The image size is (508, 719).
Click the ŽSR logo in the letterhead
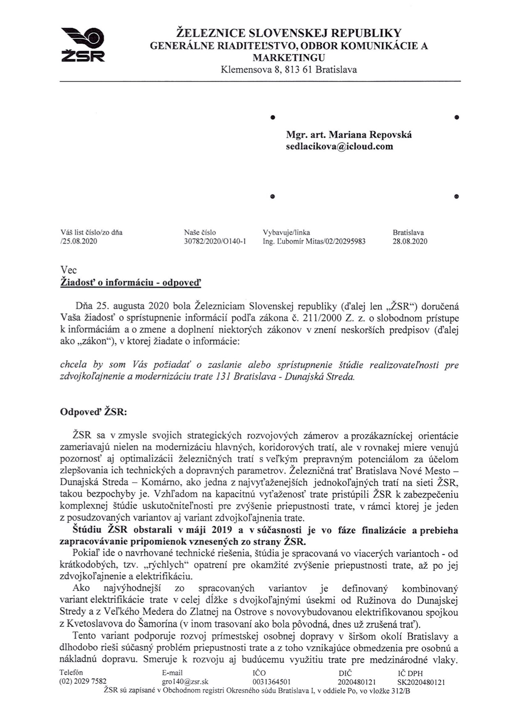point(83,45)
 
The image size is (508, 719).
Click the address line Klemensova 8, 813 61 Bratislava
point(289,70)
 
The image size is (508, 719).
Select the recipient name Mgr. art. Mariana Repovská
point(349,134)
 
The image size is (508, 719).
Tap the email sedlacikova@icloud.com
point(339,146)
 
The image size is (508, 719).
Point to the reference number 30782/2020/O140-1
point(215,241)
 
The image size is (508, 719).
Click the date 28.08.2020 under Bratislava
point(410,241)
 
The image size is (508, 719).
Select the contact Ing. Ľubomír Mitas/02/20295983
point(314,241)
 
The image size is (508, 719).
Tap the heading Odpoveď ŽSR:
point(93,412)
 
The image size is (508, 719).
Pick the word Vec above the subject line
point(68,270)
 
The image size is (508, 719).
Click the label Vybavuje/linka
point(286,232)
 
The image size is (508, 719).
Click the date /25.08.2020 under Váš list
point(78,241)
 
